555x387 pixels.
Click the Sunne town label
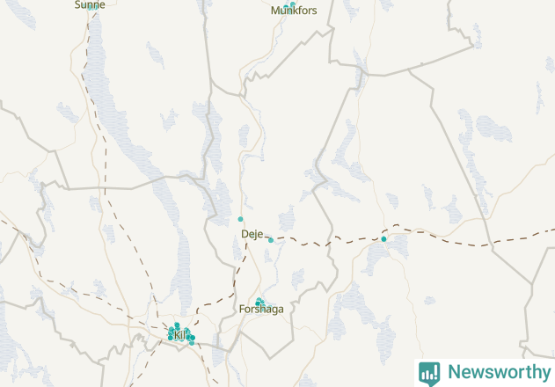point(90,4)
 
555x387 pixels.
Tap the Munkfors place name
point(294,11)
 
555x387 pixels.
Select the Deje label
point(252,234)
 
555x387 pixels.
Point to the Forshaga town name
point(261,310)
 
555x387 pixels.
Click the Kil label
point(180,335)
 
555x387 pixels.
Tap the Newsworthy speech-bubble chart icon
point(429,373)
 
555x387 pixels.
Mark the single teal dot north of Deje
point(240,219)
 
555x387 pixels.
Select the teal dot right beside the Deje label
point(271,240)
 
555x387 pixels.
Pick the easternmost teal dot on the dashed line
point(383,238)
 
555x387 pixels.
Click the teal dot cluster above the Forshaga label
point(259,302)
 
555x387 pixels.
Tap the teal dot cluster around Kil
point(181,333)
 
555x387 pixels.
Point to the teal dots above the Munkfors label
point(289,4)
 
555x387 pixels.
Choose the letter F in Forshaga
point(242,310)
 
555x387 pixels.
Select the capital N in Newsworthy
point(454,372)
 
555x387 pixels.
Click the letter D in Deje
point(245,234)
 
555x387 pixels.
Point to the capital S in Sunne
point(78,4)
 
